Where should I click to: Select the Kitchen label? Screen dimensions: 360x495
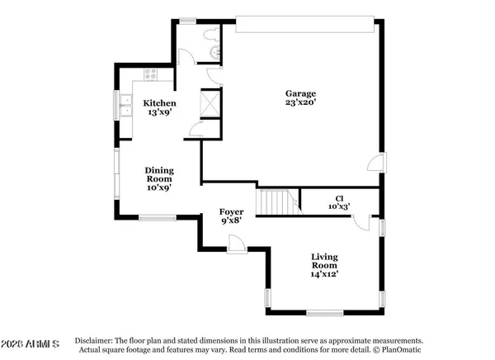[x=159, y=103]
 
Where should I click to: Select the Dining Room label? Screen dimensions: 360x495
[x=159, y=173]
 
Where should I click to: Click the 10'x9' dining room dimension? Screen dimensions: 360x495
[x=159, y=187]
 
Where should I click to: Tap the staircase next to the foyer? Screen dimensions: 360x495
[x=278, y=202]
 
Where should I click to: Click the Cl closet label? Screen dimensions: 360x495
[x=338, y=198]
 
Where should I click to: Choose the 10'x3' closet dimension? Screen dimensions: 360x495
[x=338, y=207]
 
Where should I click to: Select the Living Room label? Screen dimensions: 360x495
[x=324, y=262]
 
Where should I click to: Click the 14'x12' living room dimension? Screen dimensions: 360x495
[x=324, y=272]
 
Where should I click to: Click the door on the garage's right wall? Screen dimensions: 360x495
[x=376, y=162]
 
